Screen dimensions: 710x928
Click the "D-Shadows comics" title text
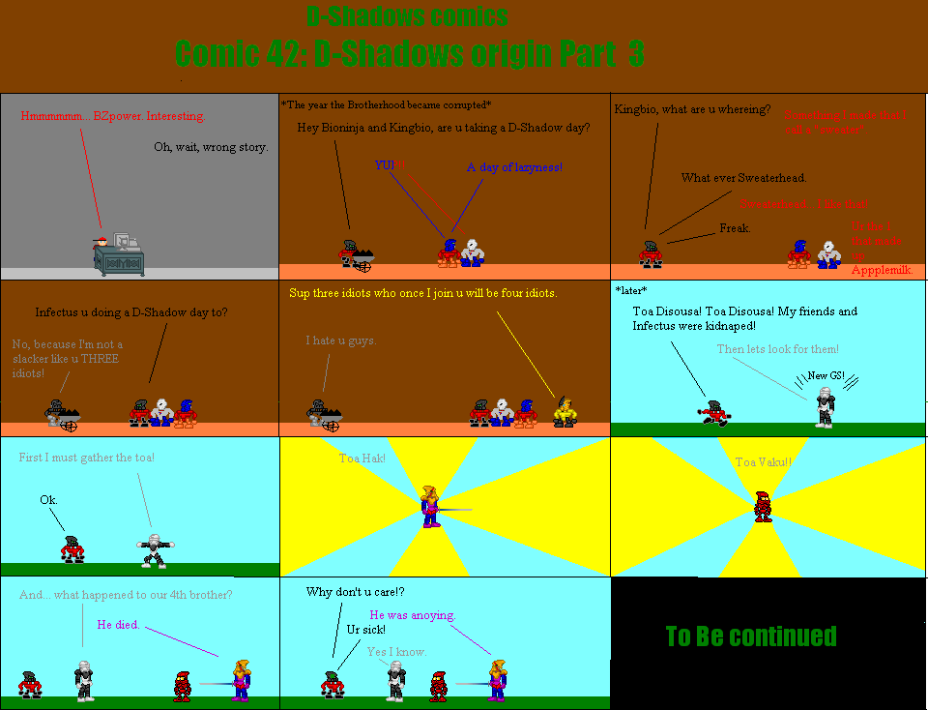(x=406, y=16)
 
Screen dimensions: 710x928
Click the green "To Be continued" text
(x=751, y=636)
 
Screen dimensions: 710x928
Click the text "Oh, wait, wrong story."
(x=211, y=148)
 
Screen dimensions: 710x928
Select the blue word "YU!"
(x=384, y=165)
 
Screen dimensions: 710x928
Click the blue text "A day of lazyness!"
(x=514, y=168)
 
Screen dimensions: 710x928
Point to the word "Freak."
(x=735, y=228)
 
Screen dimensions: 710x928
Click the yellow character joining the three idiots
(x=565, y=411)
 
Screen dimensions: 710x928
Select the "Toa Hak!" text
(x=362, y=458)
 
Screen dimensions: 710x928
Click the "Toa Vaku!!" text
(x=764, y=462)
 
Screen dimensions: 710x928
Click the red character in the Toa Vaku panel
(x=763, y=506)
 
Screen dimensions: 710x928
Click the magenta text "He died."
(x=118, y=625)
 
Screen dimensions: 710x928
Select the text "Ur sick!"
(x=366, y=631)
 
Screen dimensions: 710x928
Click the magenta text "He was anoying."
(x=412, y=615)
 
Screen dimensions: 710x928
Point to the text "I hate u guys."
(x=341, y=340)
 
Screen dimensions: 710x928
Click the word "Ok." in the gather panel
(x=48, y=500)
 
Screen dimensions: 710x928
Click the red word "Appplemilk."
(x=882, y=270)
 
